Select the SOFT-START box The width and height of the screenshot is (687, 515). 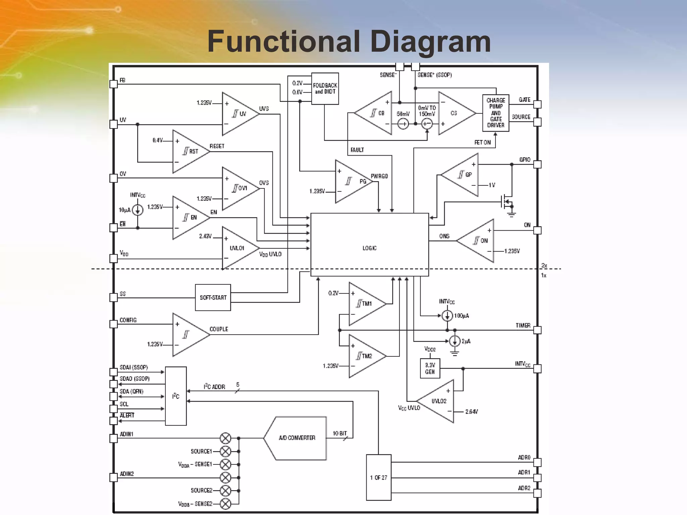[x=213, y=297]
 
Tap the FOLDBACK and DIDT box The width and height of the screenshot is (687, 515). [x=325, y=89]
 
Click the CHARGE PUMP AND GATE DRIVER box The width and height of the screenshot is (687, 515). [x=495, y=113]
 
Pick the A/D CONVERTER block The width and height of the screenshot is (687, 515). [x=295, y=438]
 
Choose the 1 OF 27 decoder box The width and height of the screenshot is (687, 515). [x=378, y=477]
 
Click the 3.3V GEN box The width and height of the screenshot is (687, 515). [x=430, y=368]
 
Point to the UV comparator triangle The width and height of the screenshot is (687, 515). [x=238, y=114]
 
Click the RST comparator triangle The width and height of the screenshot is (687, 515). [x=189, y=151]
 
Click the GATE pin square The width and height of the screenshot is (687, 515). [x=537, y=104]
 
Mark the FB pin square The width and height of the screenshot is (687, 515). [x=114, y=84]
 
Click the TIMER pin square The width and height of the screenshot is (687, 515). [x=537, y=330]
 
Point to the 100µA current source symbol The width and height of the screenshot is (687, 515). [x=447, y=316]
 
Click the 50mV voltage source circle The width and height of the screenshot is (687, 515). [x=403, y=124]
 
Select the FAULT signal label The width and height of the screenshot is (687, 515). [x=357, y=150]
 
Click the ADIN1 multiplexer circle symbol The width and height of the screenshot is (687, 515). [x=225, y=438]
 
